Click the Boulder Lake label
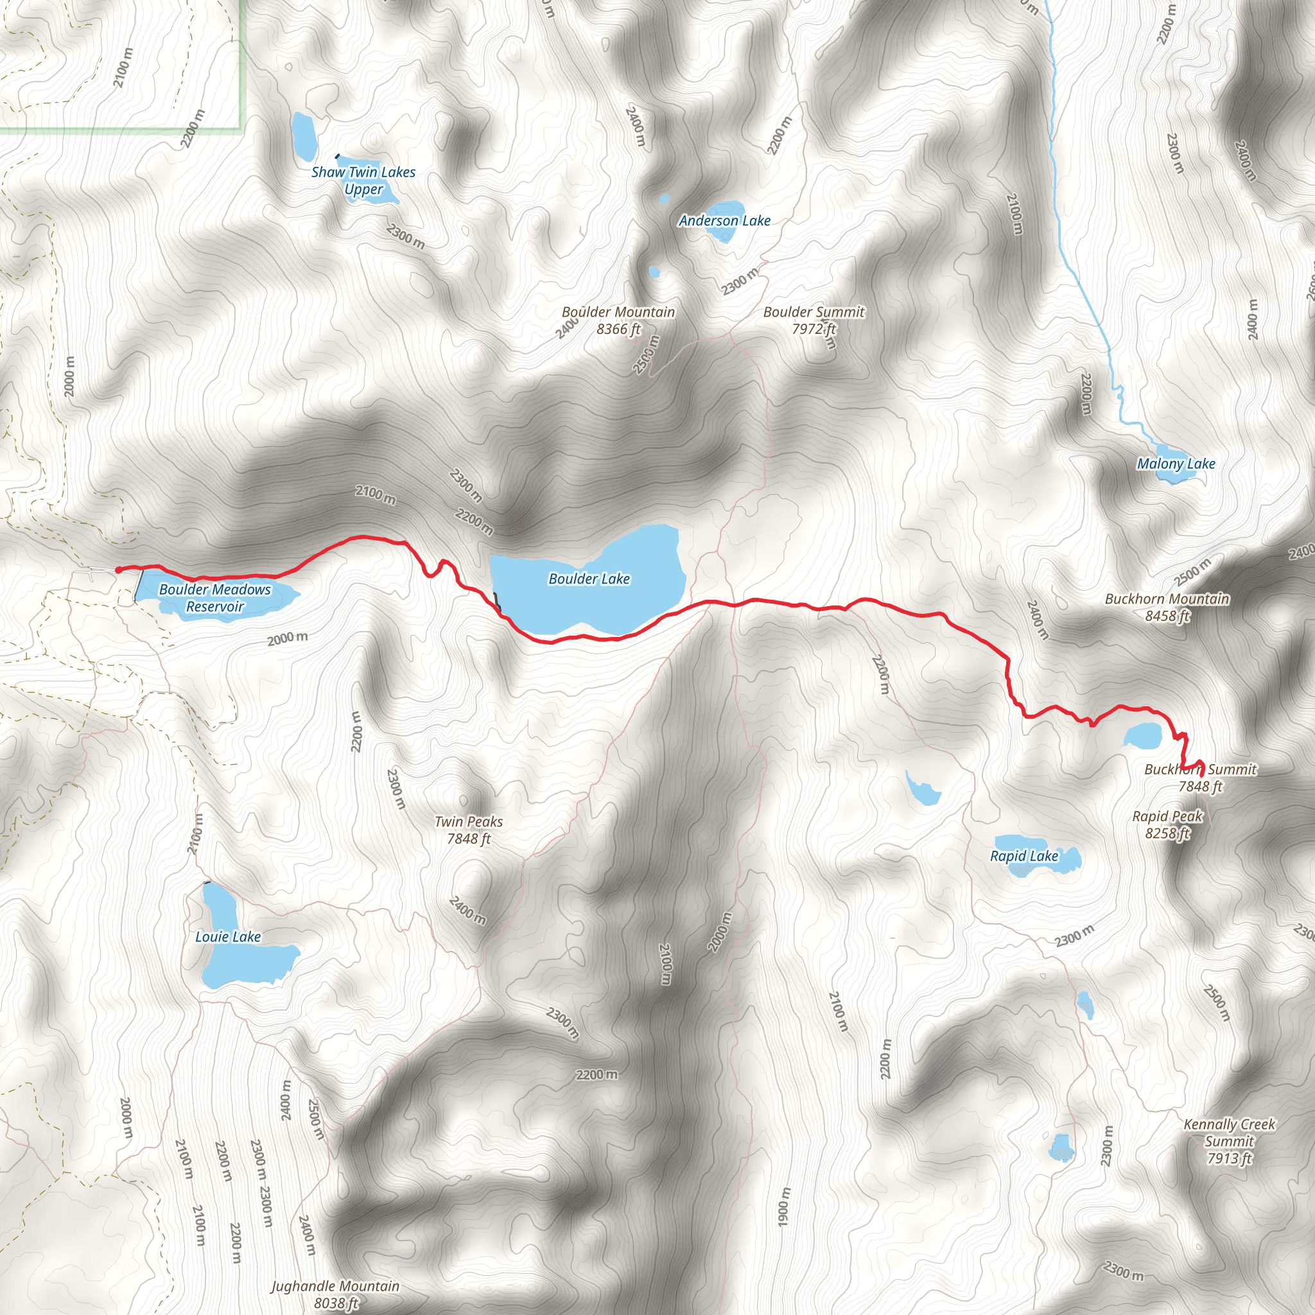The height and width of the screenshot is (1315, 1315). point(589,579)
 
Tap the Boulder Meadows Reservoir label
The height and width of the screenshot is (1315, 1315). point(214,598)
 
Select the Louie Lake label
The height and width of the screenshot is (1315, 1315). point(228,937)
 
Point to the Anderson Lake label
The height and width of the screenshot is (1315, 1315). point(724,220)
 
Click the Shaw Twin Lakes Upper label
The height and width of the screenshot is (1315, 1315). point(363,180)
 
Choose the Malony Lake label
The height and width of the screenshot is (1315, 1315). point(1176,464)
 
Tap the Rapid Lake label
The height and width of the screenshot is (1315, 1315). point(1023,857)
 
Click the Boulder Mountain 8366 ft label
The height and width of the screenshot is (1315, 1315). point(618,320)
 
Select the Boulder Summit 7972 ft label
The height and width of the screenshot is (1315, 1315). point(814,320)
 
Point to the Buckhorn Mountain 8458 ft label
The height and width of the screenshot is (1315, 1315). point(1167,607)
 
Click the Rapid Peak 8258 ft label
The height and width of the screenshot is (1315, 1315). point(1167,824)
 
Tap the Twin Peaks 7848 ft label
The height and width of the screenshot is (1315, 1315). point(468,830)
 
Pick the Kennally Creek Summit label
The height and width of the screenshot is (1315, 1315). point(1229,1142)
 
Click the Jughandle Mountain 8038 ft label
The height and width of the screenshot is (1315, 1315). point(335,1294)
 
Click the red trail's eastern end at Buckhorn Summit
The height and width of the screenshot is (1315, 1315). point(1203,774)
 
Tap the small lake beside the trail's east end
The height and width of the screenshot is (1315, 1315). point(1143,736)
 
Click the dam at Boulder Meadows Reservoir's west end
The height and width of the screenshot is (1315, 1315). point(138,586)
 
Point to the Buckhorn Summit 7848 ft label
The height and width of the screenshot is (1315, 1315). point(1201,778)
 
